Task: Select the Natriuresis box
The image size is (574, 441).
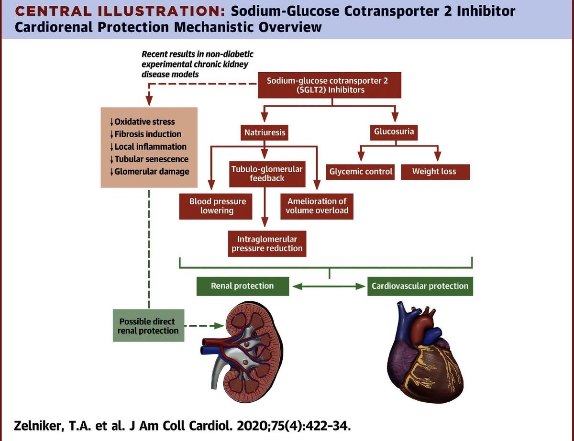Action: pos(265,132)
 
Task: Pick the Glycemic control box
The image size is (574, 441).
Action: pos(361,171)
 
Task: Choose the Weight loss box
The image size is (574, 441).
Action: pos(434,171)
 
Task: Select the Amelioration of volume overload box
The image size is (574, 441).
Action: pos(317,206)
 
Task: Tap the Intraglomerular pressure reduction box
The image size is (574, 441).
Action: pos(267,243)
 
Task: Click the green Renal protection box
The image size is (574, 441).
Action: pos(243,286)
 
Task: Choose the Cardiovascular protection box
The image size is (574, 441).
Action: pos(420,286)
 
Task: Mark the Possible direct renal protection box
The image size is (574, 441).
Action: pos(147,326)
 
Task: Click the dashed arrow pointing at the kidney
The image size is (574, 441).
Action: pos(203,326)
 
